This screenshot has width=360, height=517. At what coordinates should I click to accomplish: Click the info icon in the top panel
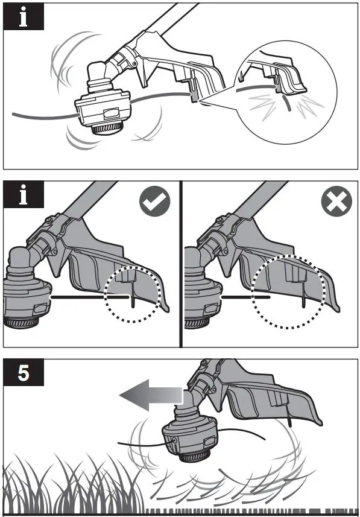[x=24, y=17]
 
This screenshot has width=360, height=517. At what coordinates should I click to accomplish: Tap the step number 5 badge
[x=24, y=373]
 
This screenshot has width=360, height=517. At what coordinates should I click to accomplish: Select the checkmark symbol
[x=155, y=202]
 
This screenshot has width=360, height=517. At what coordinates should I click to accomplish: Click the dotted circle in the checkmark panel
[x=133, y=293]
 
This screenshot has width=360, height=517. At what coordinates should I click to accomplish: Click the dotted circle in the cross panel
[x=292, y=292]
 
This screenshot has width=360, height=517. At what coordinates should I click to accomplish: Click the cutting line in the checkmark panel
[x=90, y=297]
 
